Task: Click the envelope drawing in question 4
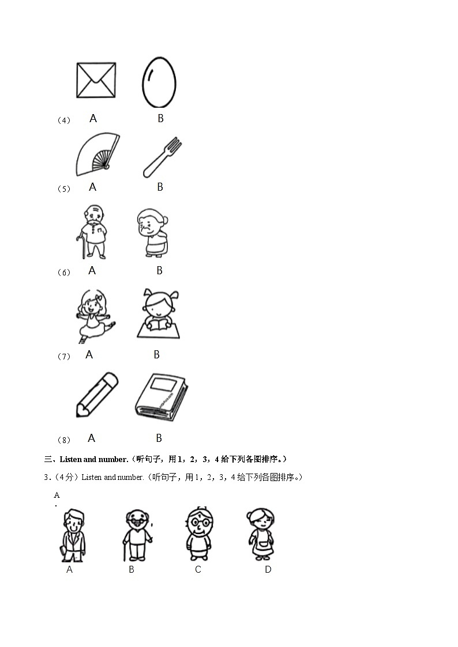point(96,80)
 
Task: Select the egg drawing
point(159,82)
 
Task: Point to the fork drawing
point(162,157)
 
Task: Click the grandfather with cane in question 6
point(93,232)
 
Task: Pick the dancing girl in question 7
point(92,314)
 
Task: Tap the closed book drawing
point(160,395)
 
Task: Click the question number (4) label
point(63,120)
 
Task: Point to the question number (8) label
point(63,440)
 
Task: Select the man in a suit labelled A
point(73,535)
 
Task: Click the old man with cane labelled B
point(137,535)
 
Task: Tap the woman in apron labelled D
point(260,534)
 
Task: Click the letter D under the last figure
point(268,569)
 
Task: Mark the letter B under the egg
point(160,118)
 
